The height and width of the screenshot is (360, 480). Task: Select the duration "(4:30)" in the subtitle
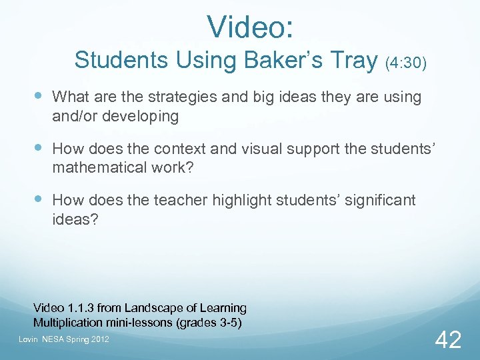(406, 63)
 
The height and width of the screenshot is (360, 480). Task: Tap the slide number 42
(447, 340)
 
